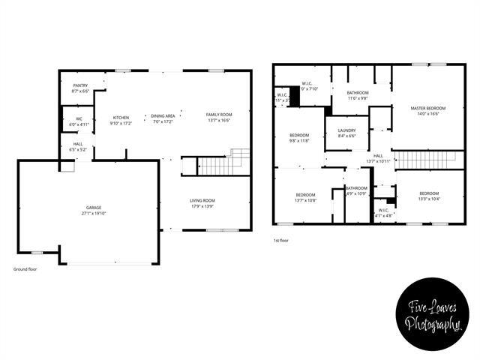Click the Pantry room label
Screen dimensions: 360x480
tap(80, 85)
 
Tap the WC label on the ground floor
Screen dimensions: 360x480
tap(79, 118)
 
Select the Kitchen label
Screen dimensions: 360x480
tap(121, 117)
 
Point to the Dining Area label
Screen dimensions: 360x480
tap(163, 115)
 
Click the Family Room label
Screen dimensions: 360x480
tap(219, 115)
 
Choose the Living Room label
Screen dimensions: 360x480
tap(202, 200)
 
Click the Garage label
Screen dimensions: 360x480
tap(94, 207)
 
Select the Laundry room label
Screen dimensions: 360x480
tap(346, 130)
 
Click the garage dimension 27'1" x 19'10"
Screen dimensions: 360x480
tap(94, 213)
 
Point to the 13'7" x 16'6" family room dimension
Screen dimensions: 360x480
tap(219, 121)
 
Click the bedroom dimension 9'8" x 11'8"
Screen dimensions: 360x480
tap(299, 140)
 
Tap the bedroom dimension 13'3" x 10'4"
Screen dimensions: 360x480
tap(429, 199)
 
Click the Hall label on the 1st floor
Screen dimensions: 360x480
tap(378, 156)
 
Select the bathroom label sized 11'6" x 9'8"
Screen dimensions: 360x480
tap(357, 93)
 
